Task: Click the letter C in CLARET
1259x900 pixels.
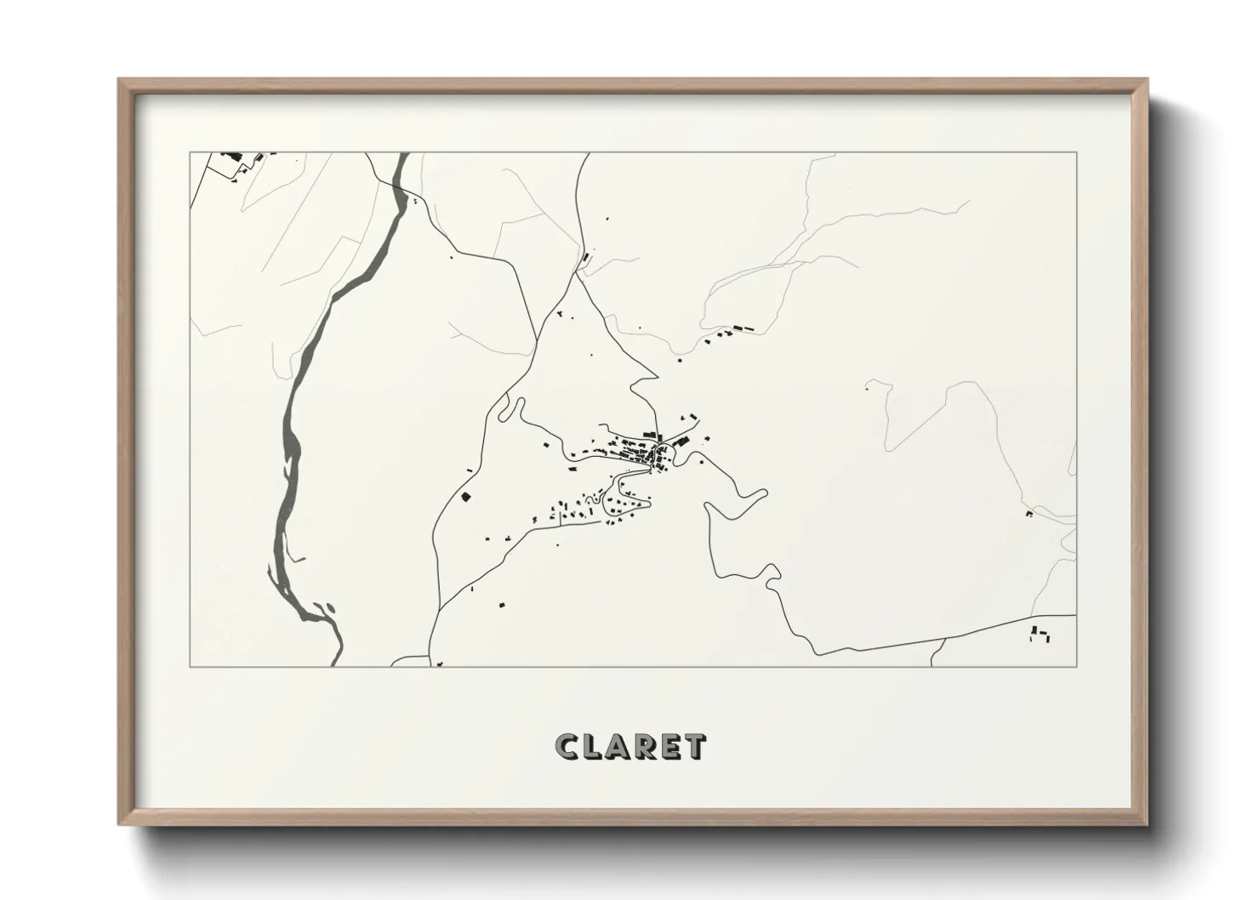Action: [x=567, y=747]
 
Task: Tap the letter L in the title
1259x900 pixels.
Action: [x=595, y=747]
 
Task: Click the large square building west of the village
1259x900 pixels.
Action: [x=465, y=496]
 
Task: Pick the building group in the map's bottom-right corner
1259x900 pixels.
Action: [x=1040, y=633]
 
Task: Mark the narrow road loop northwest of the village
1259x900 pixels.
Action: [x=510, y=409]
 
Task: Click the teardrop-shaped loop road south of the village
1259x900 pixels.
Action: [x=625, y=506]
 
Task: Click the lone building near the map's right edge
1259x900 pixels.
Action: [x=1029, y=514]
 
